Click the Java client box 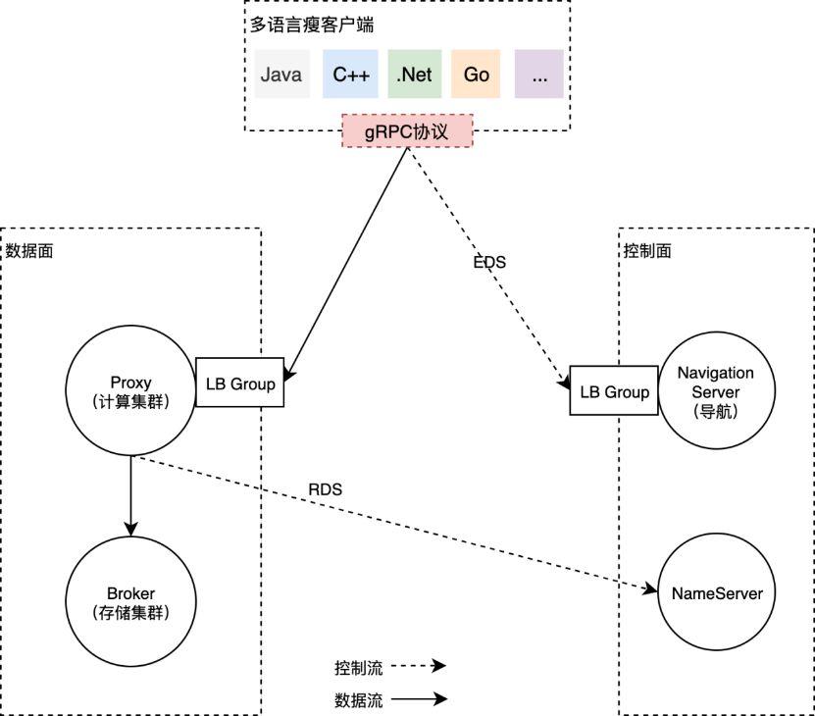[281, 75]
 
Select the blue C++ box [350, 75]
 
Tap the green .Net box [414, 75]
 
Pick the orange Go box [477, 75]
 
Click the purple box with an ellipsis [539, 75]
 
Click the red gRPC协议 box [407, 131]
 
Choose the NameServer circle [717, 593]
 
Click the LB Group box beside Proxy [240, 384]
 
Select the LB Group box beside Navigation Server [615, 392]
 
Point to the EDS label [489, 262]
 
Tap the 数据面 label [29, 250]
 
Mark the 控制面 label [648, 250]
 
